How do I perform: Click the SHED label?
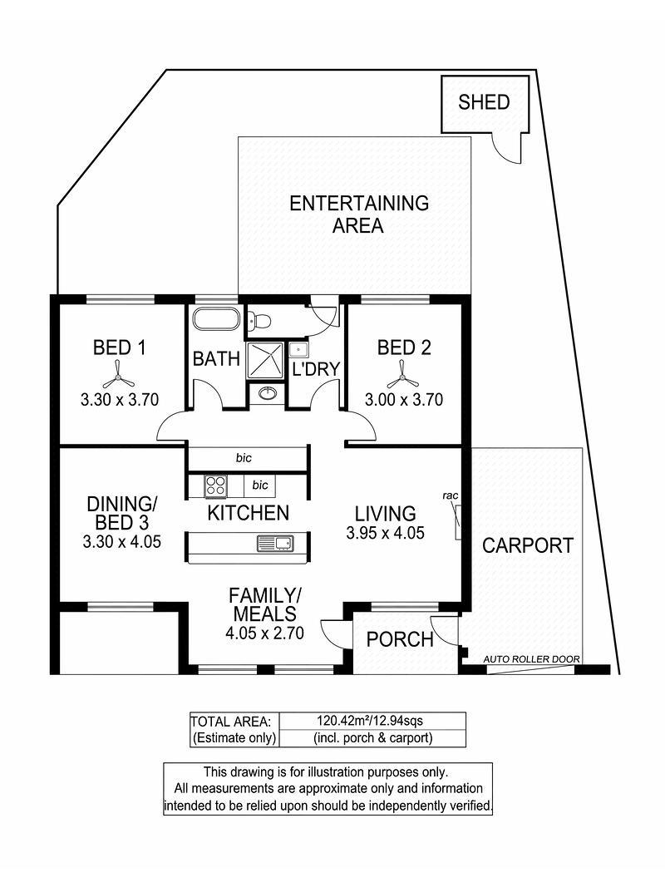484,102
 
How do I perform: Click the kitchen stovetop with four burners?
215,485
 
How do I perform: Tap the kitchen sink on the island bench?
276,544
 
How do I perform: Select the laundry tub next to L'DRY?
298,349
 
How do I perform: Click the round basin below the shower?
267,392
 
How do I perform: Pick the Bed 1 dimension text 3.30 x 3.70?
120,400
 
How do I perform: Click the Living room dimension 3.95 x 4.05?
385,533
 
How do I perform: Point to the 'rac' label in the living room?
450,495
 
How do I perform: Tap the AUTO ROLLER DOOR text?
531,659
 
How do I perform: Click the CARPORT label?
528,545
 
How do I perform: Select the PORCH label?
400,640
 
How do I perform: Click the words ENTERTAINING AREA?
359,214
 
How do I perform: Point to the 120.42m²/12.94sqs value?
370,721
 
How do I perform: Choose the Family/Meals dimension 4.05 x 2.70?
264,633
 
